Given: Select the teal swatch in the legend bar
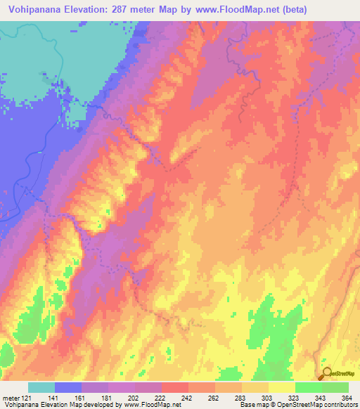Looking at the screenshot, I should coord(41,387).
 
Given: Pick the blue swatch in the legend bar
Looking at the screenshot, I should coord(68,387).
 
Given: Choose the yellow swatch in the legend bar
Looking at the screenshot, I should coord(282,387).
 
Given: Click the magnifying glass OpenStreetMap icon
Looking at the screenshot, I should coord(326,374).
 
